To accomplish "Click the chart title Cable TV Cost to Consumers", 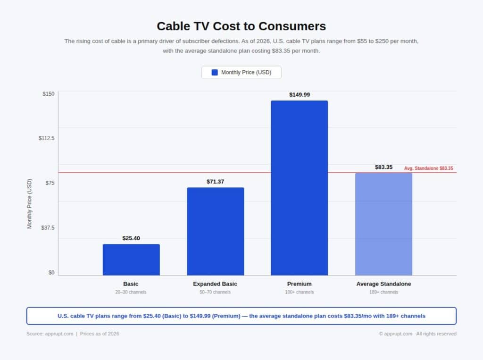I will (241, 25).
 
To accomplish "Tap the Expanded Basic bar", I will (215, 231).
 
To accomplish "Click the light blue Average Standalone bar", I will (383, 224).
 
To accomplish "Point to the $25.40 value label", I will (131, 238).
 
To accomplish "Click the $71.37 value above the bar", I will (215, 182).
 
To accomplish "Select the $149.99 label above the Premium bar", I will (300, 95).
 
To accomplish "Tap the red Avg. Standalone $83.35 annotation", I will (428, 168).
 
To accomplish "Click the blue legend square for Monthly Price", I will (215, 72).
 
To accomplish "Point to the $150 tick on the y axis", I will (49, 94).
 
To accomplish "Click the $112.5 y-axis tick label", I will (47, 138).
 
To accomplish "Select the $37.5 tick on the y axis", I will (48, 228).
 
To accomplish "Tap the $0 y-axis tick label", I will (51, 273).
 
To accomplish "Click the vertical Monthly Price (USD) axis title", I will (30, 204).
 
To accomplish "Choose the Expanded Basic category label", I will (215, 284).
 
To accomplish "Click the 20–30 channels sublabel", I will (131, 292).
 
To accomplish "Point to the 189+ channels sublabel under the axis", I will (383, 292).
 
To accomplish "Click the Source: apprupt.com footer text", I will (50, 334).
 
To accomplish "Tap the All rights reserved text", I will (436, 334).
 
